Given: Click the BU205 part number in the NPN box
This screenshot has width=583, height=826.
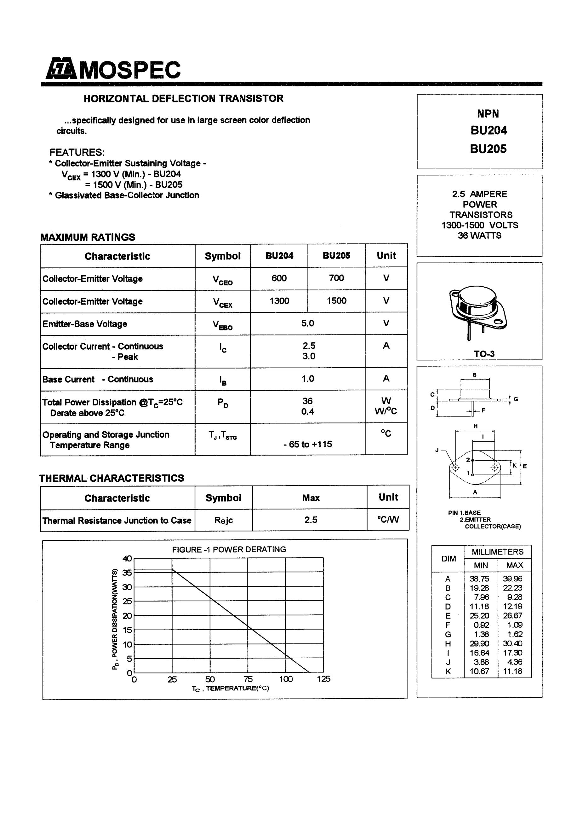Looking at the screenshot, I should click(488, 149).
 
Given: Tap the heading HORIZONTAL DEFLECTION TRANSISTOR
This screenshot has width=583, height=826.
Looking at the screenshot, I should click(183, 99).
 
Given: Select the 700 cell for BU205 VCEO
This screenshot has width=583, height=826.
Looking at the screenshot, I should click(336, 278).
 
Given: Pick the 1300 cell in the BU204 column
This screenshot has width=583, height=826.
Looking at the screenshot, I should click(279, 301).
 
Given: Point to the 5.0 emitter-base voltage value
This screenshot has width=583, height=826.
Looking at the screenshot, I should click(308, 323).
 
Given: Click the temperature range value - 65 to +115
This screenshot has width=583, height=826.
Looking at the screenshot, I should click(308, 444).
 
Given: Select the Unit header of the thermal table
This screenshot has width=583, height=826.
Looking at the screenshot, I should click(388, 497).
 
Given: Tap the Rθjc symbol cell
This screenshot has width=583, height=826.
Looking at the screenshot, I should click(224, 520).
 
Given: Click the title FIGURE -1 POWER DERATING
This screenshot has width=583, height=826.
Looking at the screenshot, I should click(229, 549).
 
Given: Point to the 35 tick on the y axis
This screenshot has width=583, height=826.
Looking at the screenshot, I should click(127, 573).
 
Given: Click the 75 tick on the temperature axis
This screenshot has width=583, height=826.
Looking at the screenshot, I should click(248, 679).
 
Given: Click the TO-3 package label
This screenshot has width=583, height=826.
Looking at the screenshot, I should click(484, 354).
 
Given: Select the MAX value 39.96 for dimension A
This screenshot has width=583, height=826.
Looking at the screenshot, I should click(512, 579).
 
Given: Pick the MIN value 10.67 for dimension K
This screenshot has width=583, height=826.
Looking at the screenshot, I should click(479, 671).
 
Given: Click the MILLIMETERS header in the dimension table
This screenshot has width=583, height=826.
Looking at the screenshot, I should click(497, 552).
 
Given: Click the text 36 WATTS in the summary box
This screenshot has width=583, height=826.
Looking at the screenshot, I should click(479, 236).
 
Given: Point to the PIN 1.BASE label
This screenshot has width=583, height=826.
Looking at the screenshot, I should click(464, 513).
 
